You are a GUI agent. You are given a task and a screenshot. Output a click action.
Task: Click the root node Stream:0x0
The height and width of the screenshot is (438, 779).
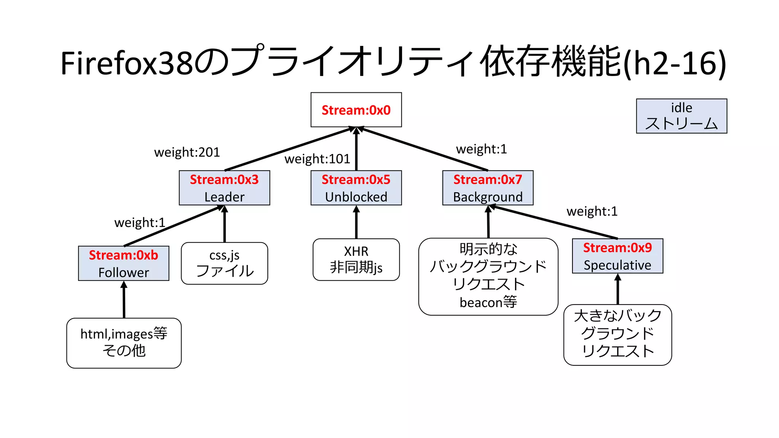pyautogui.click(x=356, y=110)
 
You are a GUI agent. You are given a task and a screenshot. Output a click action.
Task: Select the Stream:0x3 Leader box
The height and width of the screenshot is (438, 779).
pyautogui.click(x=224, y=188)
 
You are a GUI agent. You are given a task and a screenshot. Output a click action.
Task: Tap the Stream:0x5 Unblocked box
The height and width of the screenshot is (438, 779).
pyautogui.click(x=356, y=188)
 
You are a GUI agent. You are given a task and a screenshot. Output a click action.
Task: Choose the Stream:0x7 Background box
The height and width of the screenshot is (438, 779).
pyautogui.click(x=488, y=188)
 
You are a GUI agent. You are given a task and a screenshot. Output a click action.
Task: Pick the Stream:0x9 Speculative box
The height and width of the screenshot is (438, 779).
pyautogui.click(x=617, y=256)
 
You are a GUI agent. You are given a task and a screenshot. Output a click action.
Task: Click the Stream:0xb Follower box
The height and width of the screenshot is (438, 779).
pyautogui.click(x=124, y=263)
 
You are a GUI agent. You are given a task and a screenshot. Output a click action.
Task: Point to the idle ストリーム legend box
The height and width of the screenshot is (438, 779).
pyautogui.click(x=681, y=116)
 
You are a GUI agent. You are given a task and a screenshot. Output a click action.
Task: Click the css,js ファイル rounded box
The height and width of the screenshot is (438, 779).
pyautogui.click(x=224, y=263)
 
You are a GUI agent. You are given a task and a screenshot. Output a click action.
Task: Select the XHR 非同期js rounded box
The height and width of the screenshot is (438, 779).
pyautogui.click(x=356, y=260)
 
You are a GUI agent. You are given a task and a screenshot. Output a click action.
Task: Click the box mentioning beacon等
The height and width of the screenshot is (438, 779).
pyautogui.click(x=488, y=277)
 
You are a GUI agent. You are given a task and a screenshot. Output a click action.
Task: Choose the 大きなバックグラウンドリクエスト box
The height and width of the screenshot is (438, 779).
pyautogui.click(x=617, y=335)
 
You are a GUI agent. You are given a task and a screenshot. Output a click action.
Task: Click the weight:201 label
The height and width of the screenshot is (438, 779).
pyautogui.click(x=187, y=152)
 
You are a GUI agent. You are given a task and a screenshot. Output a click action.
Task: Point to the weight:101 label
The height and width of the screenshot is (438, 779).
pyautogui.click(x=317, y=159)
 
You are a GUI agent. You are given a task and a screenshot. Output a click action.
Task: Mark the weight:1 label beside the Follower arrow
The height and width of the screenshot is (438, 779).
pyautogui.click(x=140, y=222)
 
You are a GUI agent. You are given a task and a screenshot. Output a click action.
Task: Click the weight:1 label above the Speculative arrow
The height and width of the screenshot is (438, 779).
pyautogui.click(x=592, y=211)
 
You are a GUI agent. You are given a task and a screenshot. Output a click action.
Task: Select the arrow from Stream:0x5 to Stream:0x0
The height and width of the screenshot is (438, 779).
pyautogui.click(x=356, y=150)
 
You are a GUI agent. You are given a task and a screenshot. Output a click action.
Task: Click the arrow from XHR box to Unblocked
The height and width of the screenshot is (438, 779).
pyautogui.click(x=356, y=222)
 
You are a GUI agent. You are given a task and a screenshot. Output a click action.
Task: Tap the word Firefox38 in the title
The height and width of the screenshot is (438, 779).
pyautogui.click(x=128, y=63)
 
